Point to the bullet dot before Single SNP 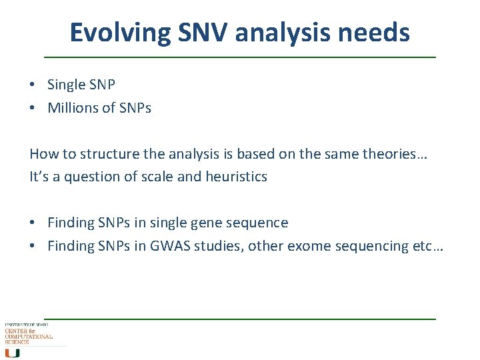pos(33,85)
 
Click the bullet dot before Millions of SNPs pos(33,109)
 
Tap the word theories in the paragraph pos(387,154)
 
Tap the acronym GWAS pos(176,246)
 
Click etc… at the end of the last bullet pos(428,246)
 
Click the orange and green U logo pos(12,353)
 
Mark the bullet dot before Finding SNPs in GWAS pos(33,246)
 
